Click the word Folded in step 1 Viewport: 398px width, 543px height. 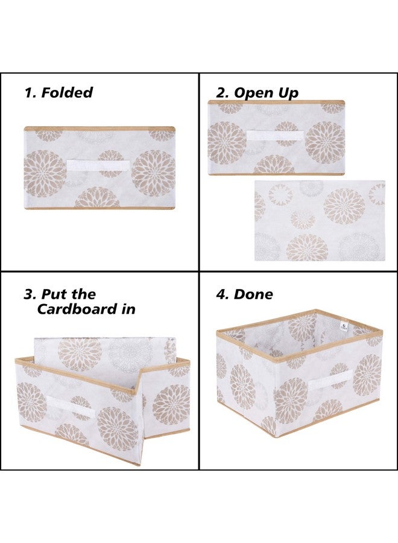click(67, 93)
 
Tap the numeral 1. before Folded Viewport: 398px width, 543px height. click(30, 93)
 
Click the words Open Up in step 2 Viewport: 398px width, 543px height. click(266, 93)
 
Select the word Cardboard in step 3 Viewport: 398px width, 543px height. click(86, 310)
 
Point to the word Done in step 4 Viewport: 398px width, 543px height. click(253, 294)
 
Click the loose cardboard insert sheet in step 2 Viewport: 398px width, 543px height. click(320, 220)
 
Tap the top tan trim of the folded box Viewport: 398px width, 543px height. click(99, 129)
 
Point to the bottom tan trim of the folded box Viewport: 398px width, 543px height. click(99, 208)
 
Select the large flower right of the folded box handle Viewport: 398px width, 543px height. click(154, 173)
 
